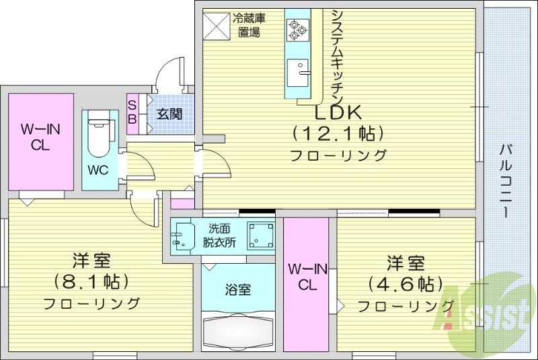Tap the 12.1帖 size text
point(338,133)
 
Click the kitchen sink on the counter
point(297,70)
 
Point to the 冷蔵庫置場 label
point(246,25)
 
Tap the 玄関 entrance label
point(169,114)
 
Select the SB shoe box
point(132,112)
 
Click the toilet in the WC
point(99,134)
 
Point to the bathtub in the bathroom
point(238,331)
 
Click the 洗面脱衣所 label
point(220,236)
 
